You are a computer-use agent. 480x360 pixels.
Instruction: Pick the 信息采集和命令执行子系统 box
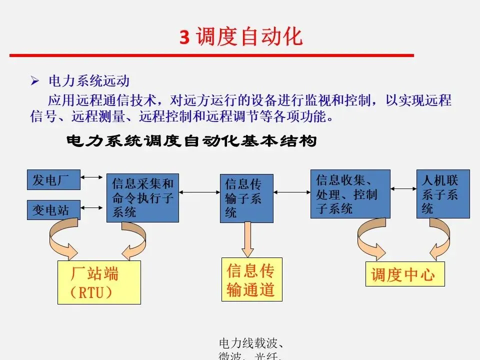click(142, 198)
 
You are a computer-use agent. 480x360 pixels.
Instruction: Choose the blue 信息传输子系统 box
click(246, 198)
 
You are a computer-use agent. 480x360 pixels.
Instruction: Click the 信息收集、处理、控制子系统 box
click(349, 194)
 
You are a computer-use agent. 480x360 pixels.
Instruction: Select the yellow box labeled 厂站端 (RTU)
click(99, 282)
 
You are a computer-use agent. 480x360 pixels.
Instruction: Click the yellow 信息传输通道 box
click(252, 279)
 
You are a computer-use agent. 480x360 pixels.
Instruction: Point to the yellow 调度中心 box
click(404, 273)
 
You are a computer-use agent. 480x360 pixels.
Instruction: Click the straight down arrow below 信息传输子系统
click(247, 240)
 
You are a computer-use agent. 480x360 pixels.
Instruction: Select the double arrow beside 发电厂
click(93, 177)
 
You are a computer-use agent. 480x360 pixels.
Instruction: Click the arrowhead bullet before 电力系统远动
click(34, 80)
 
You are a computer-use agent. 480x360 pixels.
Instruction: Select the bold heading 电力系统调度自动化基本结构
click(191, 141)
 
